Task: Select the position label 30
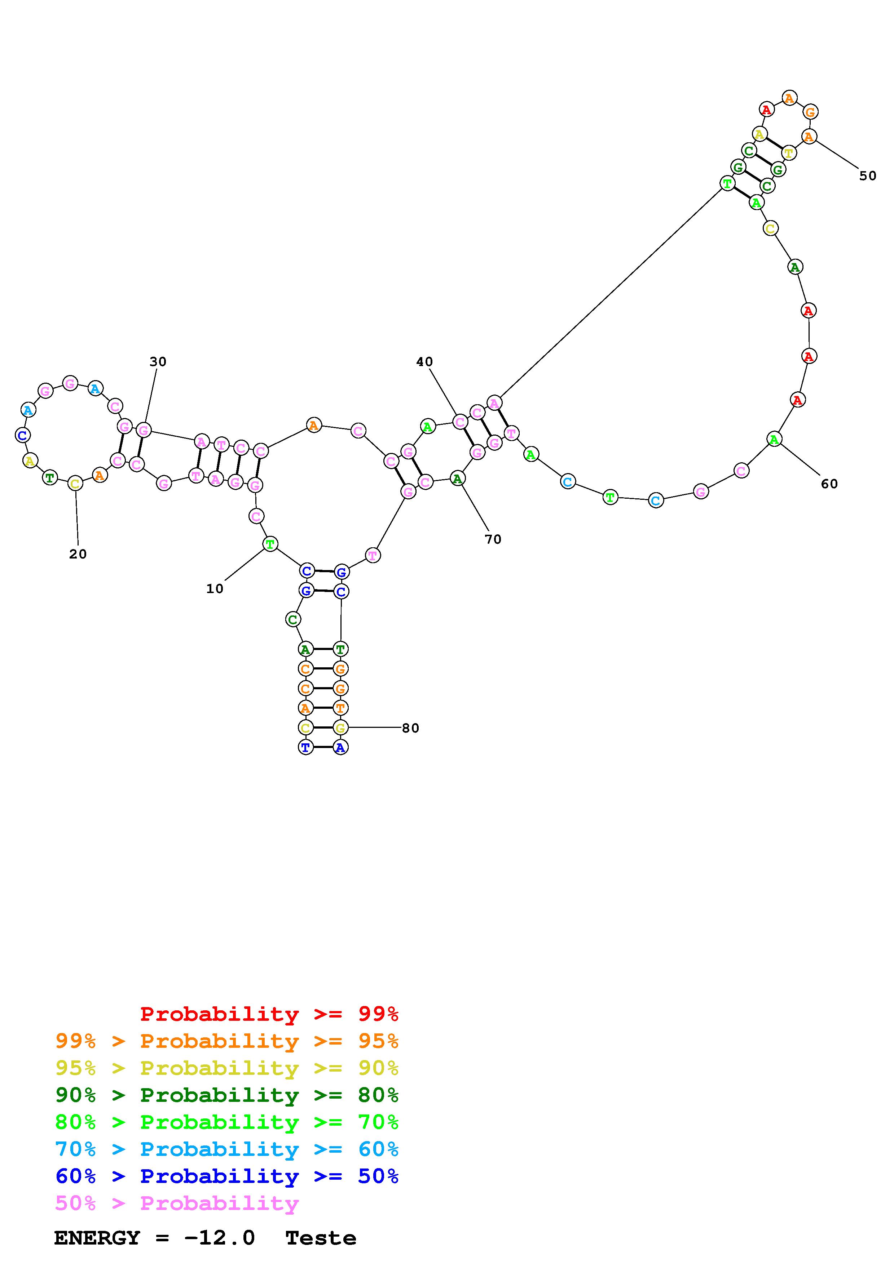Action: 158,362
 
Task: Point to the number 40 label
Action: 425,362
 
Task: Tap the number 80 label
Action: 410,728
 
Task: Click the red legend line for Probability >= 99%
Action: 269,1014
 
